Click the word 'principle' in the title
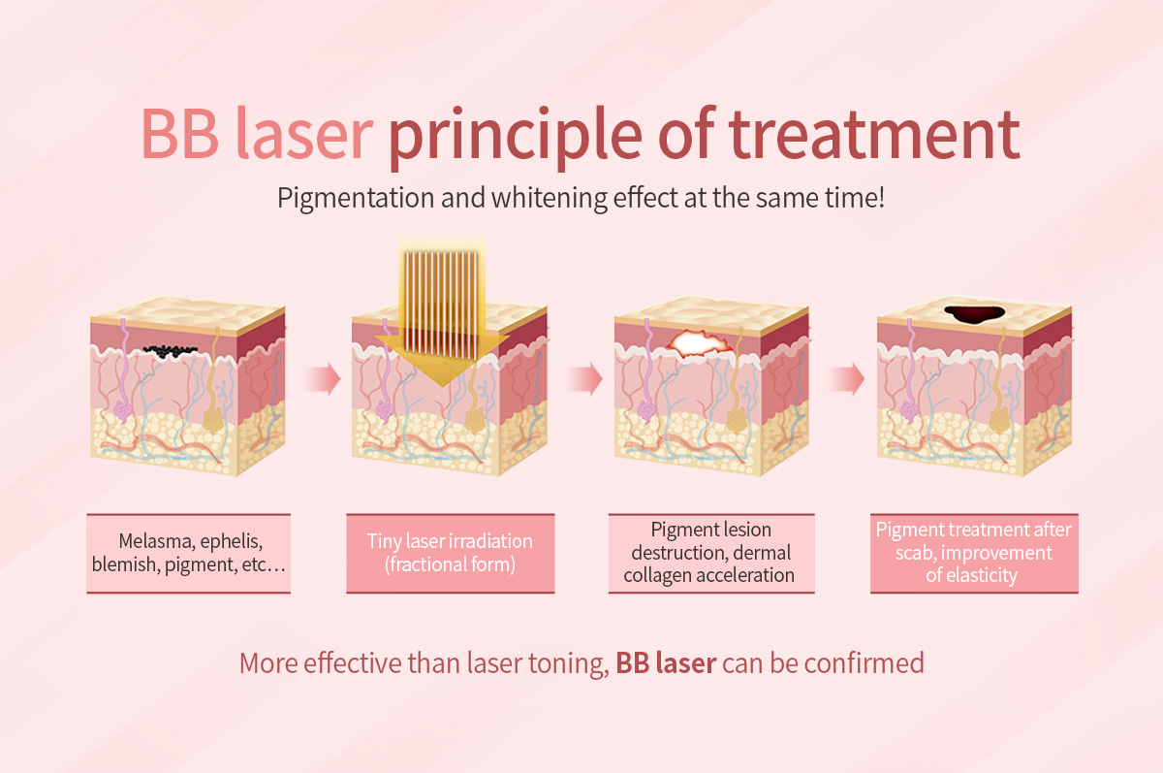point(515,138)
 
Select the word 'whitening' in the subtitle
point(550,199)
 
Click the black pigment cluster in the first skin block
point(170,352)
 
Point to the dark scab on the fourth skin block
point(974,314)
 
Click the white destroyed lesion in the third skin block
point(699,343)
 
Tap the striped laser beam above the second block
point(441,305)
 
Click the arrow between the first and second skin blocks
point(323,378)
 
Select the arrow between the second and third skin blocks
point(584,378)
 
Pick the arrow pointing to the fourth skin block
point(847,378)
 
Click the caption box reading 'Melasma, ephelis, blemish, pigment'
point(188,553)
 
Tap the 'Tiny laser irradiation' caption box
point(450,553)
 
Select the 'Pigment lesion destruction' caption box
point(711,553)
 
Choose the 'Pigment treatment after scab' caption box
point(974,553)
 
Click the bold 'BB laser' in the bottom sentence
point(666,663)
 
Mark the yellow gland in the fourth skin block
point(999,420)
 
